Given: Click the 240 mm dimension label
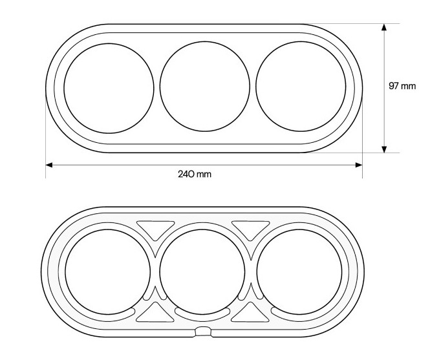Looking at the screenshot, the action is click(x=195, y=174).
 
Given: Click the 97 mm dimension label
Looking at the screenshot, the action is click(x=402, y=86).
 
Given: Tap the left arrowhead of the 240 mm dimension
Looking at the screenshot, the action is click(x=48, y=165).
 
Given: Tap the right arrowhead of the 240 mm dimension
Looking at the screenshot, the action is click(x=359, y=165).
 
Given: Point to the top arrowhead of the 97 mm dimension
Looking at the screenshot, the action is click(x=384, y=27).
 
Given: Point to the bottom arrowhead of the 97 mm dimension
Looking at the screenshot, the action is click(x=384, y=149).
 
